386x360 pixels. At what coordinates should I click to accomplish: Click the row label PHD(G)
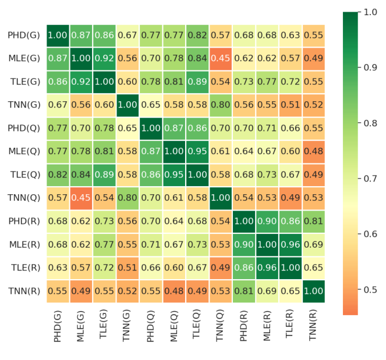[24, 35]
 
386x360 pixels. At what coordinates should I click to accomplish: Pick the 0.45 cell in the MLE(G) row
[221, 59]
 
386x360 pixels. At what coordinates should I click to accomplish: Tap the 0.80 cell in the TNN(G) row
[221, 105]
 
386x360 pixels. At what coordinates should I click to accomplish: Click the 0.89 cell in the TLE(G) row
[197, 82]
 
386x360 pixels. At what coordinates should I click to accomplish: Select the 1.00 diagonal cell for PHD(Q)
[150, 129]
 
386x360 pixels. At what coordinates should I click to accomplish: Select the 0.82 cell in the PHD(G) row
[197, 35]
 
